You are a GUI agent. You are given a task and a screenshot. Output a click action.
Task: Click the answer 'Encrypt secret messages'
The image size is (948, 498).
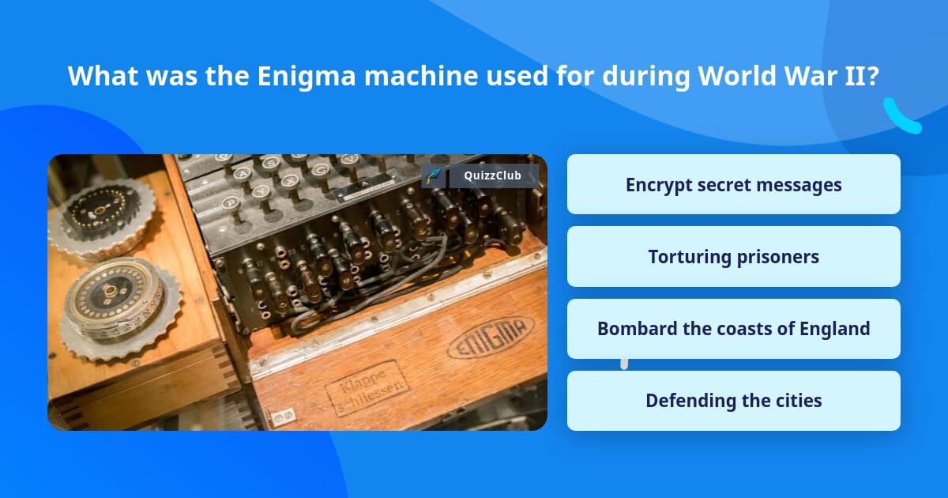pos(733,184)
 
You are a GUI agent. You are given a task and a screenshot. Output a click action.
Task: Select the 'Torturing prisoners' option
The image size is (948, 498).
pos(733,257)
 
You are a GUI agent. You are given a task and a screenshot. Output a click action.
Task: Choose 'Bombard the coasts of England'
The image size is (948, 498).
pos(733,329)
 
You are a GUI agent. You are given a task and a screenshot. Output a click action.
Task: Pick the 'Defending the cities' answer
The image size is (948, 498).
pos(733,401)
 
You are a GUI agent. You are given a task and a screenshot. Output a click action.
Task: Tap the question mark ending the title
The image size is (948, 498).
pos(872,77)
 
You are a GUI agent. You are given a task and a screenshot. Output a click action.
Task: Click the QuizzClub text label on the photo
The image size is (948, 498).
pos(493,175)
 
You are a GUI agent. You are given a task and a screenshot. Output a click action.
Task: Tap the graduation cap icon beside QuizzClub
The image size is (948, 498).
pos(432,175)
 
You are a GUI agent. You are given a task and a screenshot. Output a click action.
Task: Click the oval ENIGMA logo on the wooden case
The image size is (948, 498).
pos(491,338)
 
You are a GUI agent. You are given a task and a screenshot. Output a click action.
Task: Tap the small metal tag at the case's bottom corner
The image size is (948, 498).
pos(282,413)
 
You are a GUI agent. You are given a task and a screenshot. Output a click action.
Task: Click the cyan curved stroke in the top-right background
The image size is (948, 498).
pos(901,116)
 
